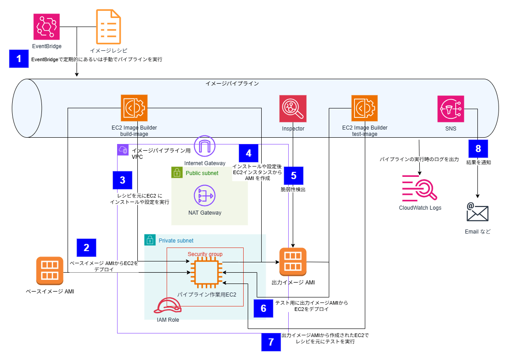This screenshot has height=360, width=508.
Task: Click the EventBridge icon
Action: click(47, 27)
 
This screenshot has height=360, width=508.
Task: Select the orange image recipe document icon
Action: click(109, 27)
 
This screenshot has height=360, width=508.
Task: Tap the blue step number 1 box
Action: click(19, 58)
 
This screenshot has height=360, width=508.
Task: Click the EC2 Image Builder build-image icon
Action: click(134, 108)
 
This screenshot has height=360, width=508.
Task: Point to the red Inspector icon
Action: click(293, 108)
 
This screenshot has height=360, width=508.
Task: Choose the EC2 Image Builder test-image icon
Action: click(364, 108)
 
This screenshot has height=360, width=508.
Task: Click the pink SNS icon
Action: click(451, 109)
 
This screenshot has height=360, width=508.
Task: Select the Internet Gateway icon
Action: click(205, 146)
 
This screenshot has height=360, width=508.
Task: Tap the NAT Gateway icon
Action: click(205, 196)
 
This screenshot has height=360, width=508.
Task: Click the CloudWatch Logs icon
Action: click(420, 189)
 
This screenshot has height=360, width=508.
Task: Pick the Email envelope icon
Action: click(477, 212)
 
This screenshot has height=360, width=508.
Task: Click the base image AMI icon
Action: click(50, 270)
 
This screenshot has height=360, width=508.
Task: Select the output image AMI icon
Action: click(293, 261)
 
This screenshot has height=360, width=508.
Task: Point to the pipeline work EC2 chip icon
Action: click(206, 273)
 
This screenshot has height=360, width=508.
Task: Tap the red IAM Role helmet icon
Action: click(168, 306)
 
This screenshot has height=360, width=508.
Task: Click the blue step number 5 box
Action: click(294, 176)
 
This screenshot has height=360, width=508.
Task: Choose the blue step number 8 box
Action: click(478, 148)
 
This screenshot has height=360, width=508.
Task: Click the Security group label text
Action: click(205, 254)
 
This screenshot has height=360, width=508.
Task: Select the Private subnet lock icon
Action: click(150, 240)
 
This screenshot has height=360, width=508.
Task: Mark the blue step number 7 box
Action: click(271, 342)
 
